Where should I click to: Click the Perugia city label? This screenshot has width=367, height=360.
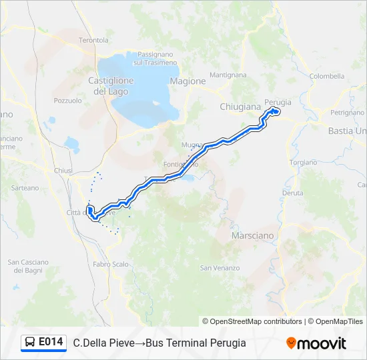tap(278, 102)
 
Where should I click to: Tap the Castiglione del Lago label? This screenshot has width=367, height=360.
tap(111, 85)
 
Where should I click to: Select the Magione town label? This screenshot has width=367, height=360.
tap(188, 81)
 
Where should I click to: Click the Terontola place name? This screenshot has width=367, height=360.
tap(93, 40)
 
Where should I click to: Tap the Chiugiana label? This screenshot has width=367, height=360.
tap(240, 106)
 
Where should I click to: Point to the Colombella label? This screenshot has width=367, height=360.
tap(326, 76)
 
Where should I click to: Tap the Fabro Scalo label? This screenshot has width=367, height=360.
tap(111, 265)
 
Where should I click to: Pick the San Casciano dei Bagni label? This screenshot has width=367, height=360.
tap(27, 266)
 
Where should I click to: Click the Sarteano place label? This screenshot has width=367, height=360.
tap(25, 188)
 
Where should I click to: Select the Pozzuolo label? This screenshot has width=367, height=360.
tap(68, 101)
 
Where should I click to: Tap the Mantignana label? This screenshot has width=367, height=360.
tap(228, 75)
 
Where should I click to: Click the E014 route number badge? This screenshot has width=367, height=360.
tap(44, 342)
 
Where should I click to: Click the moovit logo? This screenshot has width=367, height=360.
tap(316, 343)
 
